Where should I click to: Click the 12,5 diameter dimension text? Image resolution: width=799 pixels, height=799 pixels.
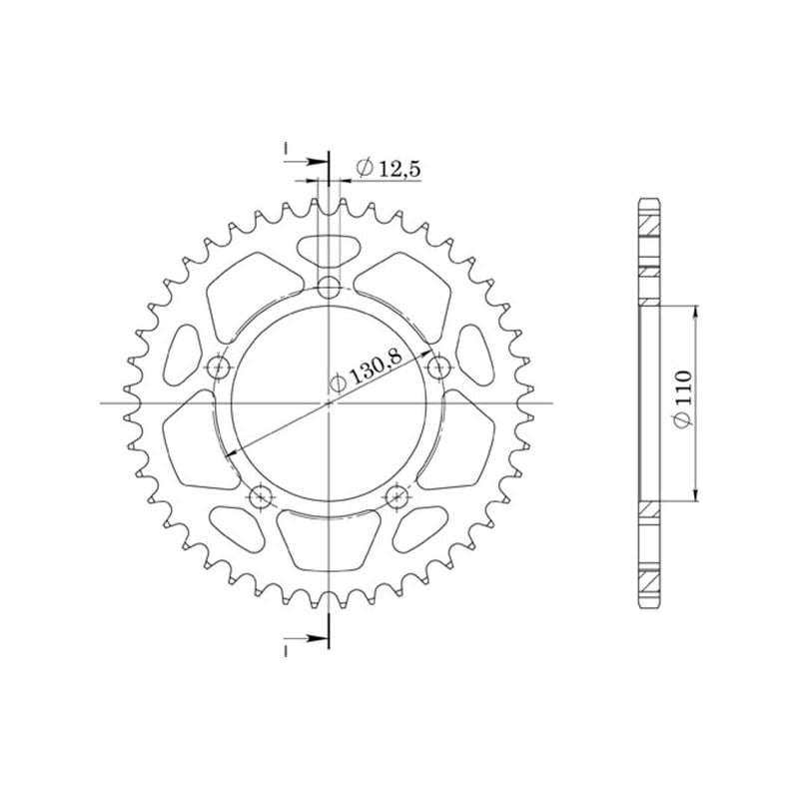pyautogui.click(x=388, y=170)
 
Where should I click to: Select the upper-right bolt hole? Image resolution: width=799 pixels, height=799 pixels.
pyautogui.click(x=436, y=368)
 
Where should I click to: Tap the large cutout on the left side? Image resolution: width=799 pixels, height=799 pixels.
pyautogui.click(x=189, y=439)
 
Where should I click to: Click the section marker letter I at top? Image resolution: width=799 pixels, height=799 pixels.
pyautogui.click(x=286, y=149)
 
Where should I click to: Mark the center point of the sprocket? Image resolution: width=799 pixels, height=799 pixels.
pyautogui.click(x=329, y=403)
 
